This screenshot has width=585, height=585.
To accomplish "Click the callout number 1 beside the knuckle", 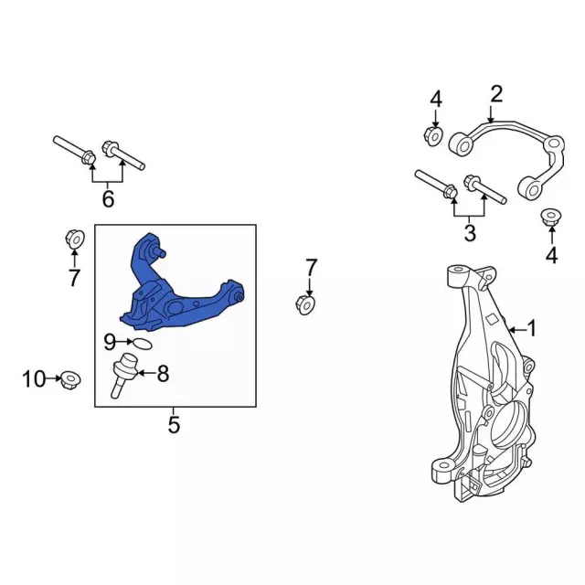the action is [530, 328].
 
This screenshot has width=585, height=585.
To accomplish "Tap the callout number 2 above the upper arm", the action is [496, 94].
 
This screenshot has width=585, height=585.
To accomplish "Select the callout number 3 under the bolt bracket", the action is [470, 233].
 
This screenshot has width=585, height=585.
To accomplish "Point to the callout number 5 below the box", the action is [174, 424].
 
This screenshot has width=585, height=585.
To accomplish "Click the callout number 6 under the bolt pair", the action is [108, 198].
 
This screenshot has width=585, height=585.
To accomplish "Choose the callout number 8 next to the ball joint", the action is [163, 373].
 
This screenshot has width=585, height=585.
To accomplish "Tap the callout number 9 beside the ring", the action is [110, 342].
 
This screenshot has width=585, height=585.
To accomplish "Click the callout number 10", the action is [33, 379].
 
